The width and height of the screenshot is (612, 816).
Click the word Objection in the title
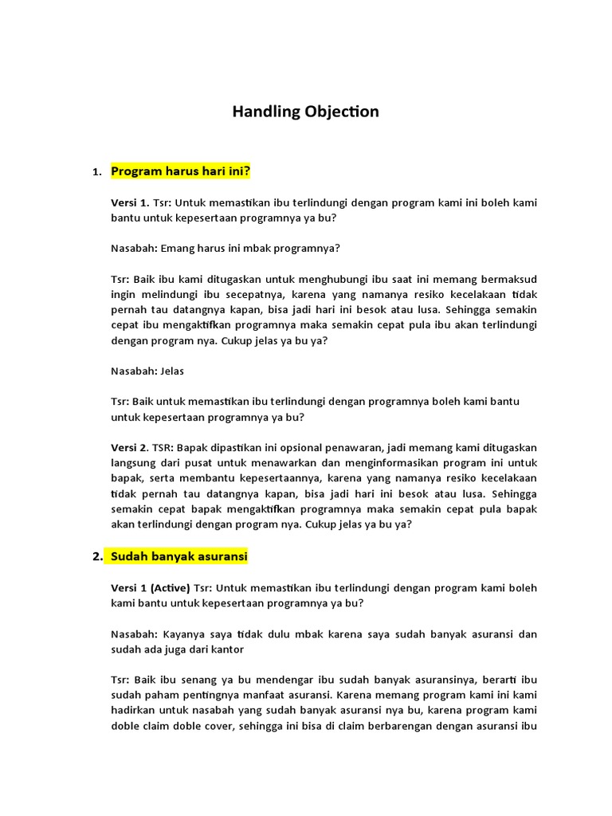point(341,112)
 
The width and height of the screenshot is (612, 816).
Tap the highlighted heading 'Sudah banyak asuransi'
point(179,555)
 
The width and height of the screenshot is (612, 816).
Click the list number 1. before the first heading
point(96,172)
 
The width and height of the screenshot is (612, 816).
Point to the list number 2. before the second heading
point(97,556)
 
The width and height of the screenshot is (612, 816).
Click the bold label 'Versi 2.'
point(130,448)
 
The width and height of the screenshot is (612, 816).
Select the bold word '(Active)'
point(167,588)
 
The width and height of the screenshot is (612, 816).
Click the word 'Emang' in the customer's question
point(177,248)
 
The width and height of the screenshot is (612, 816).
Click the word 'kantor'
point(226,649)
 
